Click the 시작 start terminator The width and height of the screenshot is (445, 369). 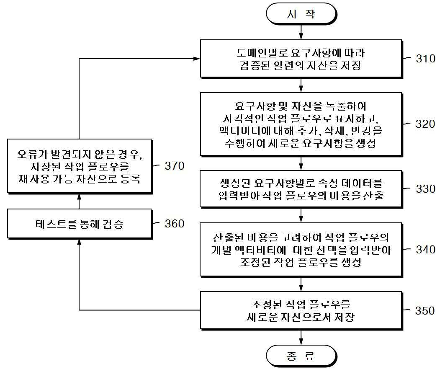tap(301, 14)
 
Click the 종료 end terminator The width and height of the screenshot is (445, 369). tap(301, 356)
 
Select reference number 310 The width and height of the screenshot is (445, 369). tap(425, 59)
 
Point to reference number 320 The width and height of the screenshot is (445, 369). tap(425, 124)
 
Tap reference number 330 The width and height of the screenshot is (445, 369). tap(425, 189)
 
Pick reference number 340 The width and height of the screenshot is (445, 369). tap(425, 250)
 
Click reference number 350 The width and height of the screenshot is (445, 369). tap(425, 310)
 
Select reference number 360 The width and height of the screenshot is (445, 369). tap(175, 224)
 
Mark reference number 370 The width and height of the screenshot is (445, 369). tap(175, 166)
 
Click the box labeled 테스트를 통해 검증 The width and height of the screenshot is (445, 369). tap(80, 224)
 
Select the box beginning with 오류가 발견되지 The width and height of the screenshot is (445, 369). tap(80, 166)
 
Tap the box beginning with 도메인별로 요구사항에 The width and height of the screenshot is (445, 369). tap(301, 59)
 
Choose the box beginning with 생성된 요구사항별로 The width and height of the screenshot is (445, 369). tap(301, 189)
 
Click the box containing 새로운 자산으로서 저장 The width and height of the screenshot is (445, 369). tap(301, 310)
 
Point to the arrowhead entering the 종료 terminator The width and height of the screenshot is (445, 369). tap(301, 342)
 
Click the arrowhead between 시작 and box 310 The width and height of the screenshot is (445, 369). tap(301, 36)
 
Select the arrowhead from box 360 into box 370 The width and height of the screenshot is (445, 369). tap(79, 198)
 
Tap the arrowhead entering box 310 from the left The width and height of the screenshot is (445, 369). tap(197, 59)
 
